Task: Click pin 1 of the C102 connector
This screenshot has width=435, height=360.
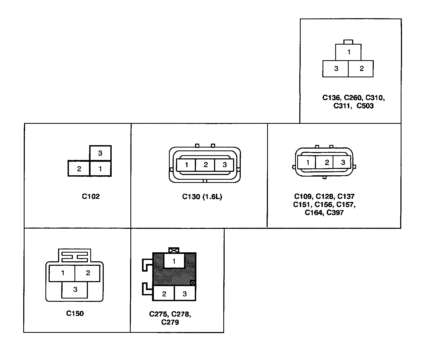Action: pos(100,169)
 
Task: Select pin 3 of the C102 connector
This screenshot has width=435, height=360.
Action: pos(100,153)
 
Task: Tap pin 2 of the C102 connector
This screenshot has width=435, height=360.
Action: pos(79,169)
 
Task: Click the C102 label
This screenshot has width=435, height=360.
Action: pos(91,196)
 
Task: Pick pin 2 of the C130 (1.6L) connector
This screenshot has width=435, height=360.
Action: pos(205,165)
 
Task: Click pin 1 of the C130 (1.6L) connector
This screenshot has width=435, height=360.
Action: pos(186,165)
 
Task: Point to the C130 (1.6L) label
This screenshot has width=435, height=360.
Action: pos(202,197)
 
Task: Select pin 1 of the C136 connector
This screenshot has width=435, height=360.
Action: pos(348,52)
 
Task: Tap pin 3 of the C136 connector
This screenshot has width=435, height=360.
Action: pos(336,69)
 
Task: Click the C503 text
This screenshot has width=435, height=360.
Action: pos(365,106)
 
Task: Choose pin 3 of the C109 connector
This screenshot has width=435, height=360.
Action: pos(343,162)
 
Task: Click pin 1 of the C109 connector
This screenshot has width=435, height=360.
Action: pos(307,162)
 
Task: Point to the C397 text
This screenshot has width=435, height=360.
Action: pos(335,213)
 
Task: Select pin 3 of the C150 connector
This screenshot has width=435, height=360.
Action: pos(75,290)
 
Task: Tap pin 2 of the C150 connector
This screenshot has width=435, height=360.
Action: pos(88,273)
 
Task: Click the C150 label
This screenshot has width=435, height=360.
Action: pos(75,314)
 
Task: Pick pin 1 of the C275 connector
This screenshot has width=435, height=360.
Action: pos(174,261)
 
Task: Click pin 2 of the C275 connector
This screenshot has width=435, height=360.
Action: pos(164,294)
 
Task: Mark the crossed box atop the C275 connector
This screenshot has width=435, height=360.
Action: pos(174,250)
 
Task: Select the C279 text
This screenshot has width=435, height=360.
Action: pos(170,322)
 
